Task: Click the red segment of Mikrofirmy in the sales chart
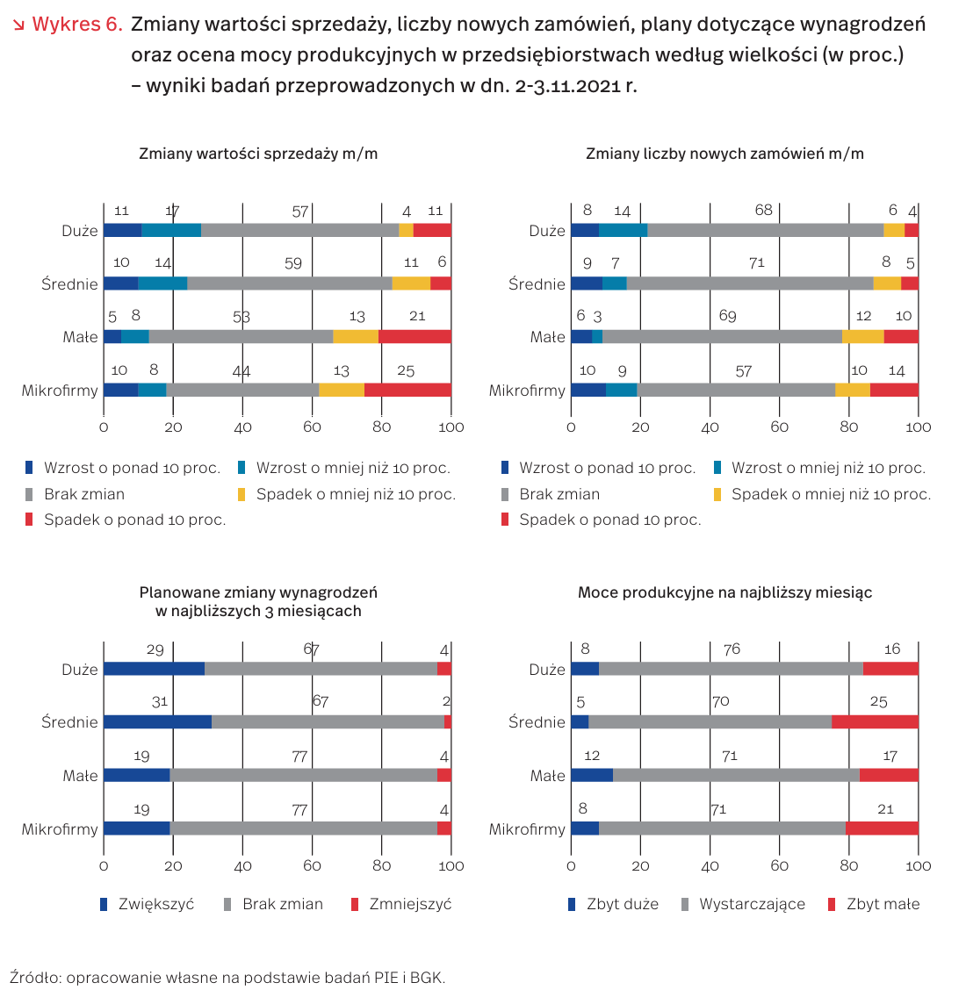407,391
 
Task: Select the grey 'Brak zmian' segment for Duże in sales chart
299,231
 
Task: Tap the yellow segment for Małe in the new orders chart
862,337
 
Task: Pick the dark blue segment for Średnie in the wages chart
157,722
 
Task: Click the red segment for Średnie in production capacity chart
875,722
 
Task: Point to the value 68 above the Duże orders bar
763,211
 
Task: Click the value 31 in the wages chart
159,702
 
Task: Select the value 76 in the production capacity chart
732,649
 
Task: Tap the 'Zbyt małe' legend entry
883,904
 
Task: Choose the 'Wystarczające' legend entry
752,904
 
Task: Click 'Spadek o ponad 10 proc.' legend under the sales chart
134,520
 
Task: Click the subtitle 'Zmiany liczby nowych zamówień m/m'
724,154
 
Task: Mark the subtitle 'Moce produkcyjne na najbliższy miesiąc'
724,592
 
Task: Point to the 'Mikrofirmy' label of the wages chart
60,829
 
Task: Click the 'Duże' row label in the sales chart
80,232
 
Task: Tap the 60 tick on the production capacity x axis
780,866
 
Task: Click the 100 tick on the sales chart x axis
451,427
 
